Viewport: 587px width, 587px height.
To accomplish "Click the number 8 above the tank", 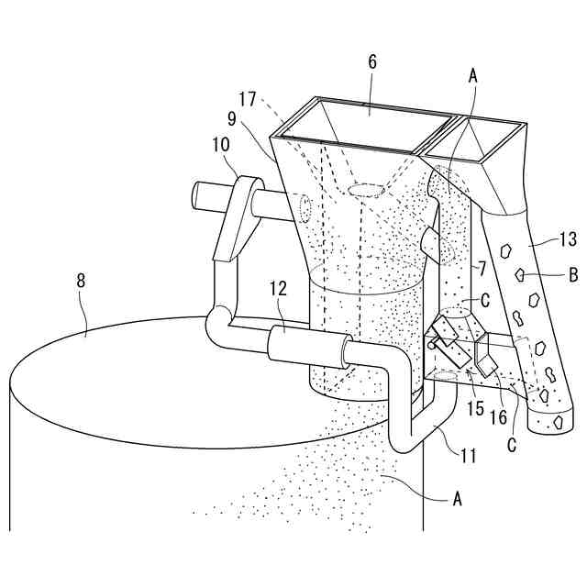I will click(x=81, y=281).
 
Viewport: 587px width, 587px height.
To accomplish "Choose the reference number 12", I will click(x=279, y=289).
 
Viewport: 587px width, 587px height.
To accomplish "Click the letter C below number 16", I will click(x=514, y=444).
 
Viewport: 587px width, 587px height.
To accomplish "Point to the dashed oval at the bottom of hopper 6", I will click(x=366, y=191).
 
